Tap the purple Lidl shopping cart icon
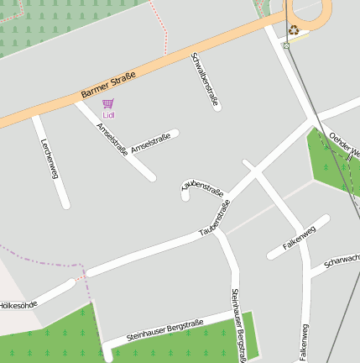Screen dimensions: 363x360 coord(107,103)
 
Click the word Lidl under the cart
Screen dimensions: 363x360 coord(107,114)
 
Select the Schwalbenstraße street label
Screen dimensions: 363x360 coord(206,81)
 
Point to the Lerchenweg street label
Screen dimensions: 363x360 coord(49,157)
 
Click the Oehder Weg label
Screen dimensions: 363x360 coord(344,145)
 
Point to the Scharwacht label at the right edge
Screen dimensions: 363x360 coord(342,261)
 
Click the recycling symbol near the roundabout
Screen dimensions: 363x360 coord(294,30)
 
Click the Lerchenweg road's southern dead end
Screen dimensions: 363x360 coord(65,204)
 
